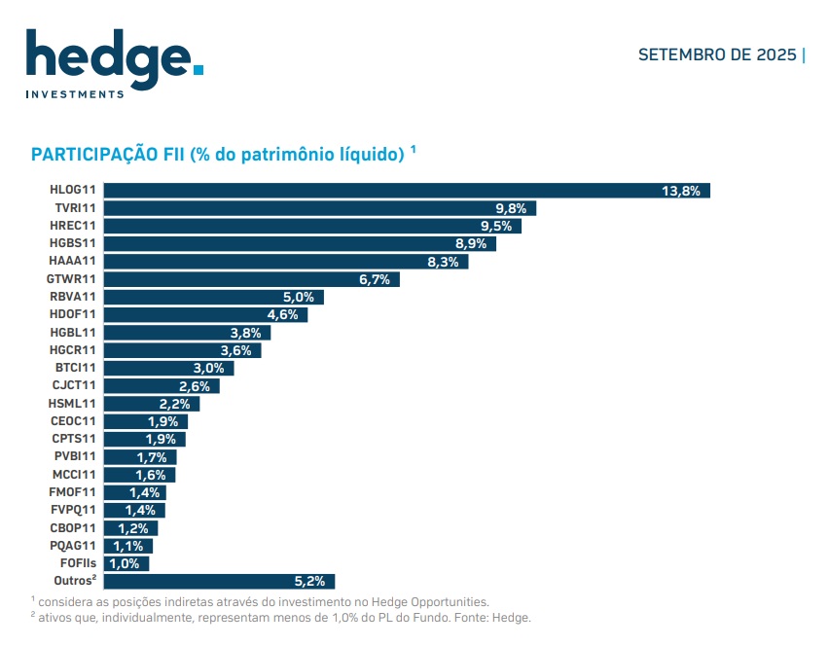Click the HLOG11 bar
(407, 191)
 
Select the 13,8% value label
(681, 191)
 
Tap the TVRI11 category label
(76, 208)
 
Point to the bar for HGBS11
(300, 244)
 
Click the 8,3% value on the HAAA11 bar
(447, 262)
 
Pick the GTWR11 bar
(251, 279)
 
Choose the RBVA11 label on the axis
(73, 297)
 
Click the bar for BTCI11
(168, 368)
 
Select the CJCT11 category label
(73, 386)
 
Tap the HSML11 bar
(151, 404)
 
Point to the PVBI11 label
(75, 456)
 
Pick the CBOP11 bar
(130, 528)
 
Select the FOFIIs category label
(78, 563)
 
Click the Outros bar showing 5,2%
(219, 581)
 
